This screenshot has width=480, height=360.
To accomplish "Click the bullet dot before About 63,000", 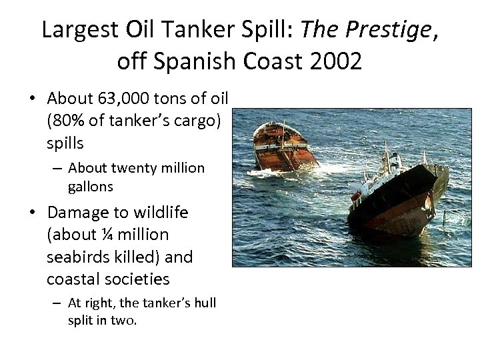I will point(32,99).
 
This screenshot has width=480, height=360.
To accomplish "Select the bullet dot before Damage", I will point(32,213).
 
